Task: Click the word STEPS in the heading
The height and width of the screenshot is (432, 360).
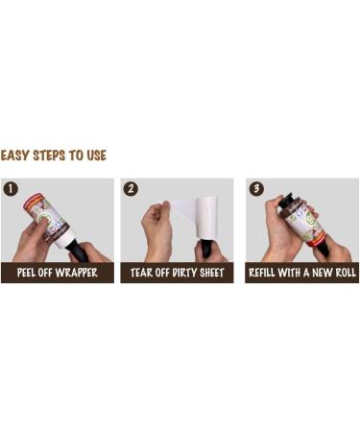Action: [50, 155]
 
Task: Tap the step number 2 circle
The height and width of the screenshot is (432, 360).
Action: [131, 189]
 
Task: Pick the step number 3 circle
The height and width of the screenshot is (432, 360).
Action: [256, 189]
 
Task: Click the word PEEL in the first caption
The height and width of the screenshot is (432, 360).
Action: [30, 274]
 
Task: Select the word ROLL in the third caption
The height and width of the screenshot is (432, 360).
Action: [344, 274]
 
